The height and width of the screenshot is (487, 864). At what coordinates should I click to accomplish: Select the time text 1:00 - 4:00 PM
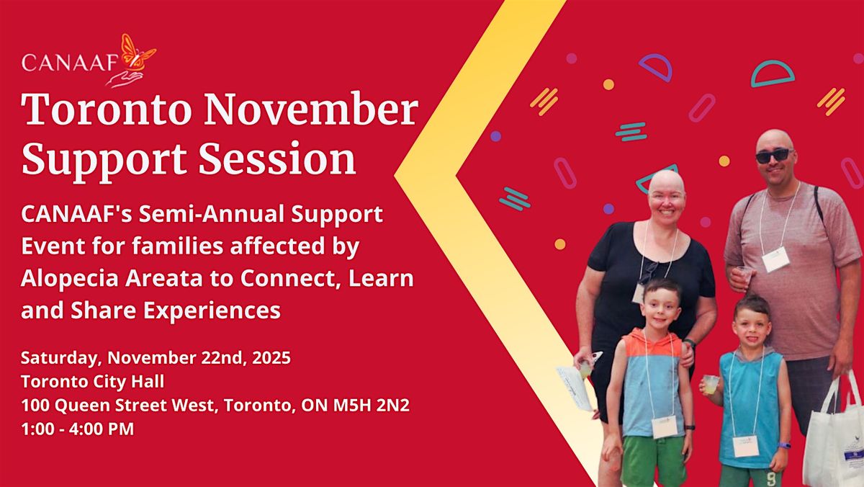point(77,429)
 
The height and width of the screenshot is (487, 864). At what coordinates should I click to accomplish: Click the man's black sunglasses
point(773,155)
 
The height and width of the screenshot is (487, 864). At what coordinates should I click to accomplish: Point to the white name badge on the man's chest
point(775,259)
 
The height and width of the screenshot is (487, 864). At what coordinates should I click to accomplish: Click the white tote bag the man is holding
point(834,439)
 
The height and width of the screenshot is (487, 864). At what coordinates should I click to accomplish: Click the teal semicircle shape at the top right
point(773,73)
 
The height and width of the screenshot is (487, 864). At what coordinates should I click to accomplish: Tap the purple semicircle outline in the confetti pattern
point(655,66)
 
